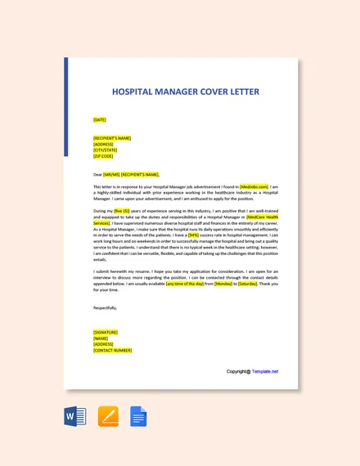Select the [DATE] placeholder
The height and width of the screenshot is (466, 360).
pos(100,119)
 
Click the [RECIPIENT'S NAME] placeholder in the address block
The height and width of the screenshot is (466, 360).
pos(112,138)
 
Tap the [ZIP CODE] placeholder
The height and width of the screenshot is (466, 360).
pos(103,155)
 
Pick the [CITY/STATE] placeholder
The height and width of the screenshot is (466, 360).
pos(106,150)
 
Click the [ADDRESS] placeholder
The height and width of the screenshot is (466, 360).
pos(103,144)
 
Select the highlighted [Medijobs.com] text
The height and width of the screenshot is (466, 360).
pos(254,186)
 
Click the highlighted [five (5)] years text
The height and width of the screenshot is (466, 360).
pos(122,210)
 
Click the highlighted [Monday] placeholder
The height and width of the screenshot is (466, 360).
pos(223,283)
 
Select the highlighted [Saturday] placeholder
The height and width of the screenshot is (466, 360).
pos(247,283)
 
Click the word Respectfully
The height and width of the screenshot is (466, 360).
pos(106,308)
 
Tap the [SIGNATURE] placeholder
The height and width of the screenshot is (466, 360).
pos(106,332)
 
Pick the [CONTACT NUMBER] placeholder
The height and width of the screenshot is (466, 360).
pos(112,350)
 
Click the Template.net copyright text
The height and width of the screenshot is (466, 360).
pos(253,371)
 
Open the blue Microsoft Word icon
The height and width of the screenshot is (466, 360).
pos(75,417)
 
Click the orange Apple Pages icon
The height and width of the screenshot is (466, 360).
pos(108,417)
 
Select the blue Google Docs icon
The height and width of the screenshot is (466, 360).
pos(138,417)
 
